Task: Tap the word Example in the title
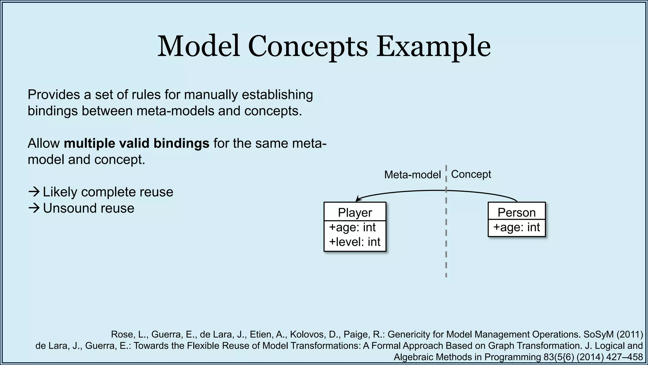point(433,47)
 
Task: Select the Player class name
point(355,212)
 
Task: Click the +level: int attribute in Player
point(354,242)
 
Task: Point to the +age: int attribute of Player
point(352,227)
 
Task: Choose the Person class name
point(516,212)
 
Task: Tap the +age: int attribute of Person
point(516,227)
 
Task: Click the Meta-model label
point(412,175)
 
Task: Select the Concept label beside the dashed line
point(471,174)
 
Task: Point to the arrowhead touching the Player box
point(358,199)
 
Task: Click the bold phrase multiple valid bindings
point(136,143)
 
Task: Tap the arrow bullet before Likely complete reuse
point(34,192)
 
